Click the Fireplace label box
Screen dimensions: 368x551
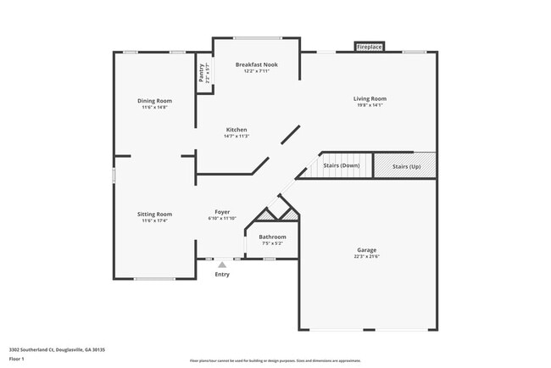click(x=369, y=47)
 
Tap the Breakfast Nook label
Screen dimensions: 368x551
click(x=256, y=64)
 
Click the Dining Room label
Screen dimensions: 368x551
click(x=155, y=101)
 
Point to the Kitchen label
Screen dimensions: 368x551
click(x=236, y=130)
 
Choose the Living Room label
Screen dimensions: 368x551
click(x=370, y=99)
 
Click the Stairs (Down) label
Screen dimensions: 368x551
click(x=342, y=165)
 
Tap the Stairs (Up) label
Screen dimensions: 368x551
click(x=406, y=166)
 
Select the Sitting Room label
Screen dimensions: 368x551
click(x=155, y=215)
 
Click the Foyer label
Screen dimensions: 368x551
click(x=222, y=212)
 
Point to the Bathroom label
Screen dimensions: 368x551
click(x=272, y=237)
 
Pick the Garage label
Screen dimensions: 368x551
click(x=366, y=250)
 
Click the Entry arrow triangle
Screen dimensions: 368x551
click(x=222, y=265)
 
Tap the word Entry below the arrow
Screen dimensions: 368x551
click(x=222, y=275)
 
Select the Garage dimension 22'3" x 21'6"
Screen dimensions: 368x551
click(x=366, y=257)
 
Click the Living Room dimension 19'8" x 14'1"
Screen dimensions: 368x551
click(x=370, y=106)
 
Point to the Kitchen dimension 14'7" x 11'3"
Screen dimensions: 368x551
click(x=236, y=137)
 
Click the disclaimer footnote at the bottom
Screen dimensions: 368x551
click(x=275, y=362)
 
